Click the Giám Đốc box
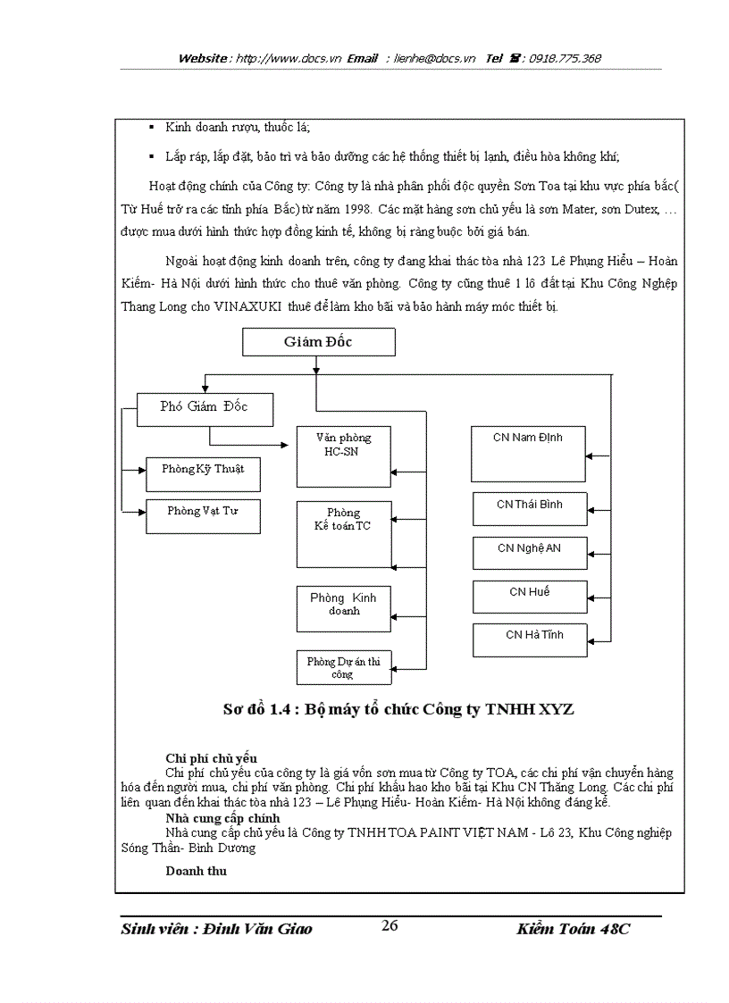[x=318, y=342]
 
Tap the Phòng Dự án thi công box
[x=343, y=667]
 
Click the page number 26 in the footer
[x=390, y=925]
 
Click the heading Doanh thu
[x=196, y=870]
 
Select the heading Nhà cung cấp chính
[x=222, y=817]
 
